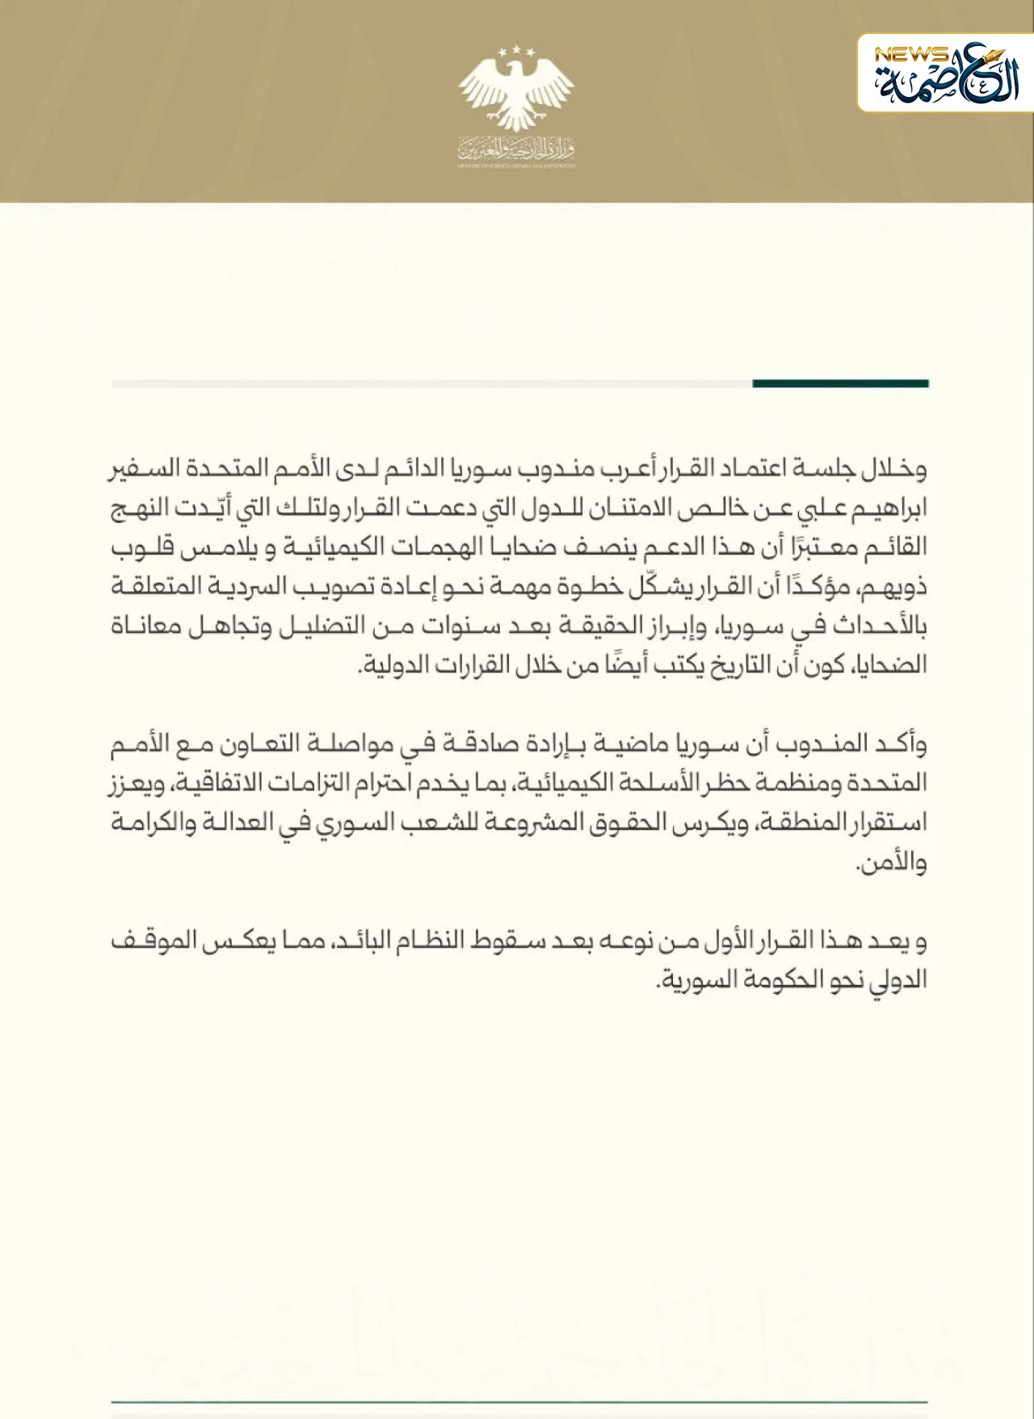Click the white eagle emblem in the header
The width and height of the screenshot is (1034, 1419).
517,89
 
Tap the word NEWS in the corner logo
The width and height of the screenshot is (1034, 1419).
912,55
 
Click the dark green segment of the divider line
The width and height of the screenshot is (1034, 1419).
840,383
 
